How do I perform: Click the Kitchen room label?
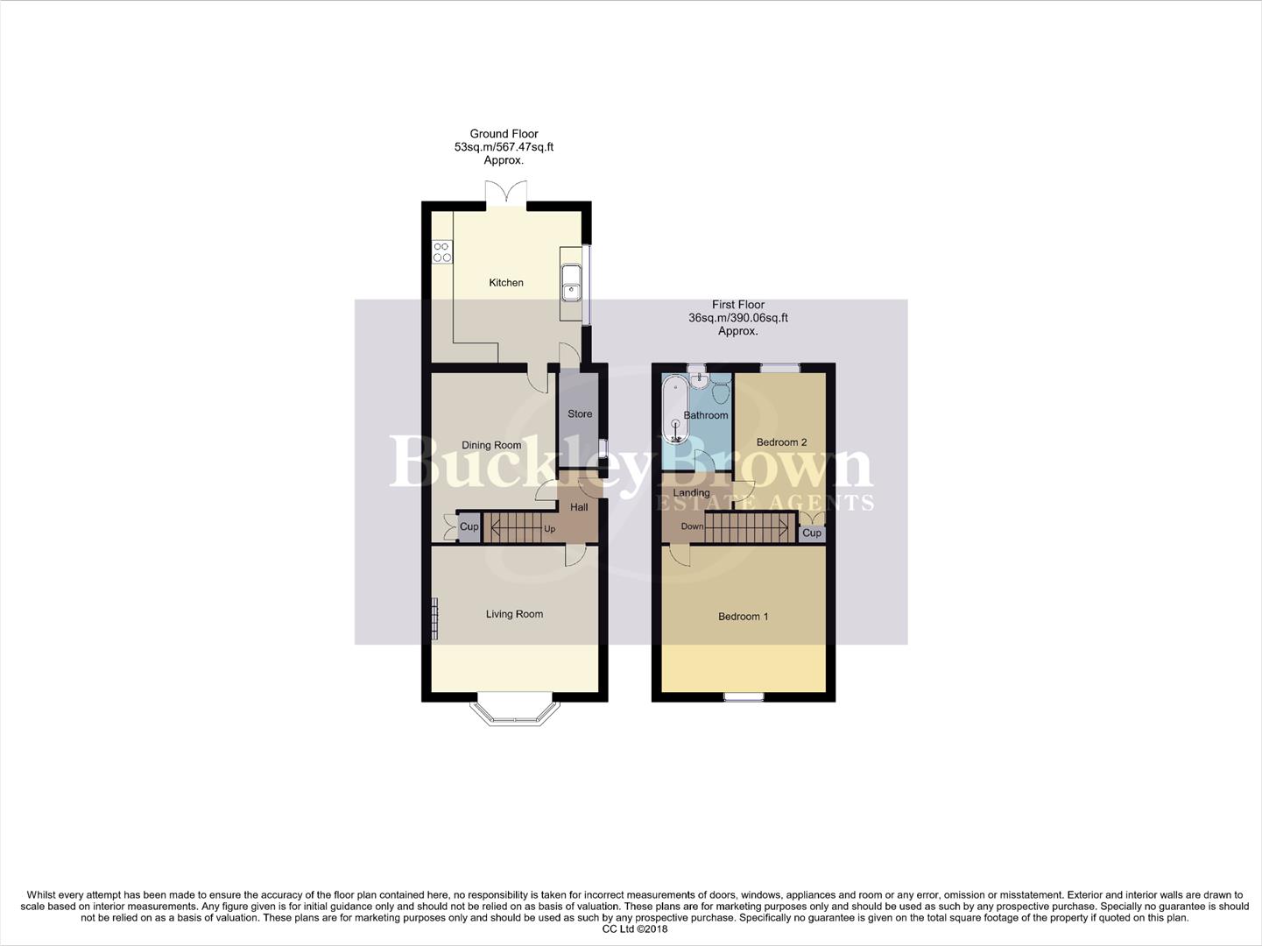[x=506, y=283]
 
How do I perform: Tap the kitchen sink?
[x=570, y=280]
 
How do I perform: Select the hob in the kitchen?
[x=442, y=252]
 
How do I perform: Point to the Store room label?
[x=580, y=414]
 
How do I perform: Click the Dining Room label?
[x=491, y=446]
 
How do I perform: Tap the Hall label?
[x=579, y=507]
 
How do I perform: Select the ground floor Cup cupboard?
[x=469, y=527]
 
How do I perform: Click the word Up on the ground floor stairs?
[x=550, y=529]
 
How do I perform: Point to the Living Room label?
[x=514, y=614]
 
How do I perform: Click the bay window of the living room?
[x=514, y=713]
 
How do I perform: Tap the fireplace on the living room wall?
[x=434, y=618]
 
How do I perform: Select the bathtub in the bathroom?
[x=675, y=410]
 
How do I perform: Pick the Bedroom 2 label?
[x=781, y=442]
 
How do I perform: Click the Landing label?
[x=692, y=493]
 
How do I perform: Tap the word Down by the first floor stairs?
[x=692, y=526]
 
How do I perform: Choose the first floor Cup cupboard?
[x=812, y=533]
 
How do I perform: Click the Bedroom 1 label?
[x=743, y=617]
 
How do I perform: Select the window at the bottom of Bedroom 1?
[x=744, y=697]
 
